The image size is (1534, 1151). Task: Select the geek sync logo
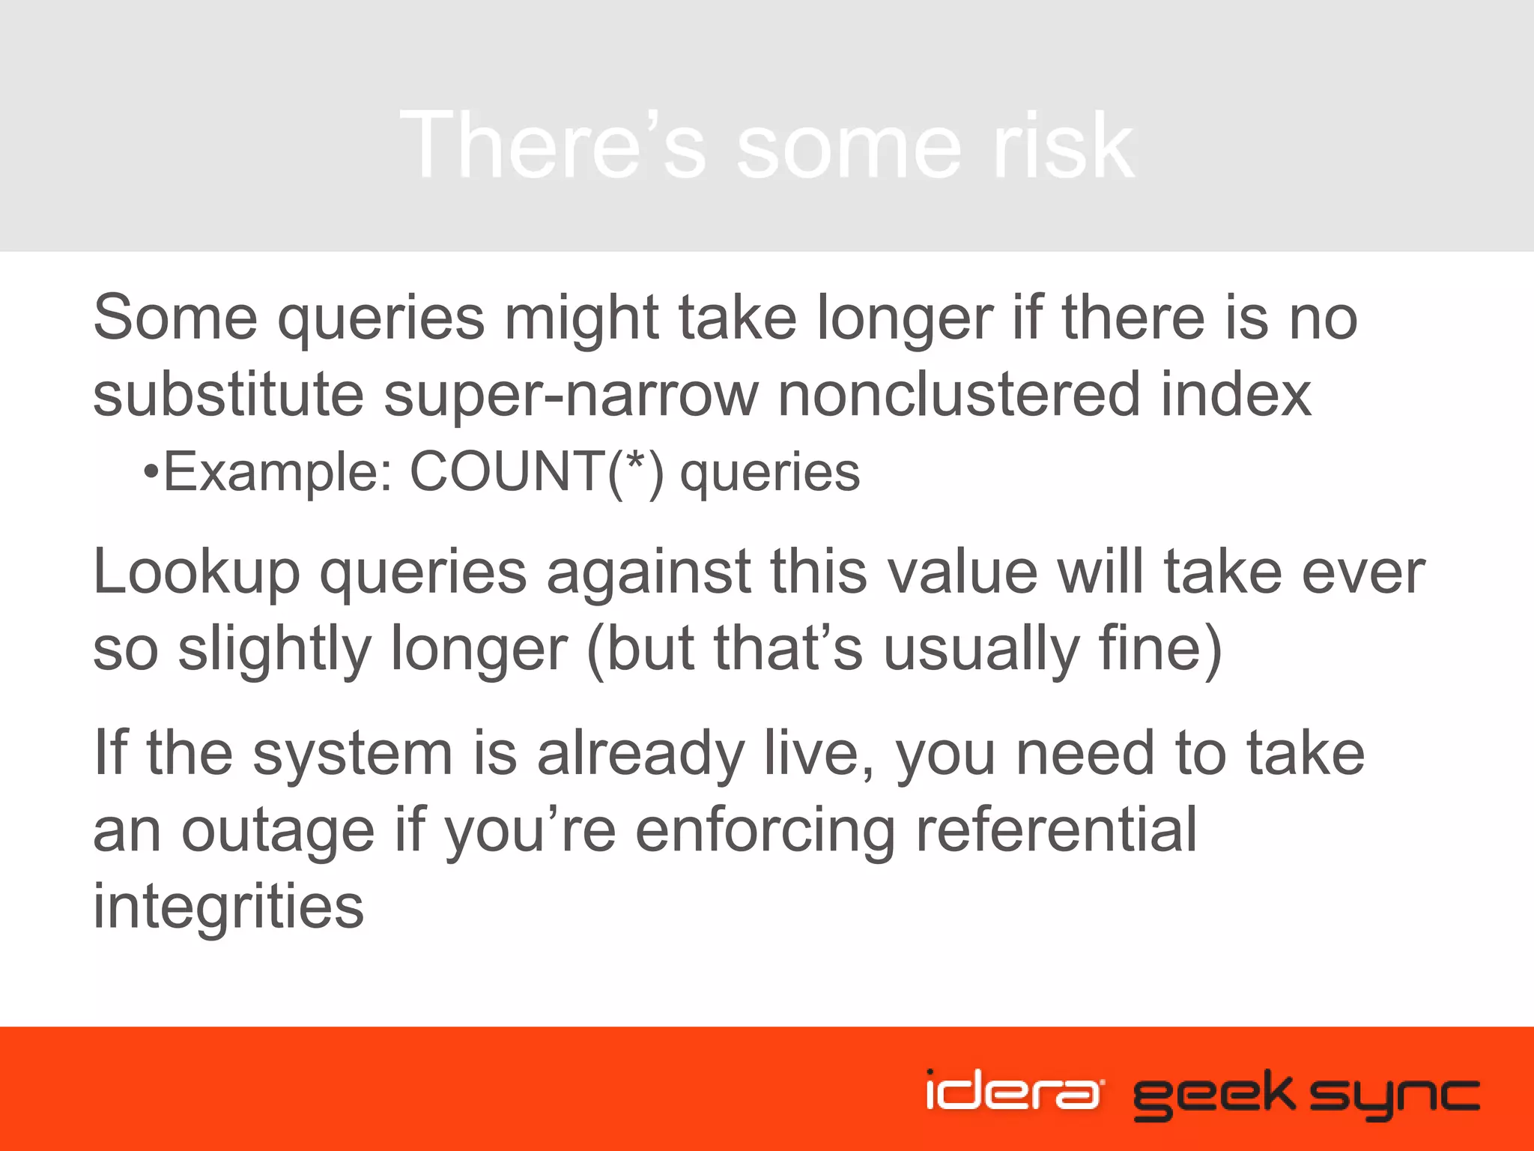[1306, 1095]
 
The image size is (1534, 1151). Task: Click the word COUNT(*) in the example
[536, 473]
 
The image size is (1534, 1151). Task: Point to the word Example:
[278, 473]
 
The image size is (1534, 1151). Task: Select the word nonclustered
[959, 395]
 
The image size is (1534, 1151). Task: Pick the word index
[1236, 395]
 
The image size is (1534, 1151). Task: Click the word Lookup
[196, 573]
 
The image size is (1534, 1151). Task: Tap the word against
[649, 573]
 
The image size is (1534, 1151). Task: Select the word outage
[278, 832]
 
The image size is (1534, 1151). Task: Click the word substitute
[228, 395]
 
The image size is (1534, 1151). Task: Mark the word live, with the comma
[819, 755]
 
